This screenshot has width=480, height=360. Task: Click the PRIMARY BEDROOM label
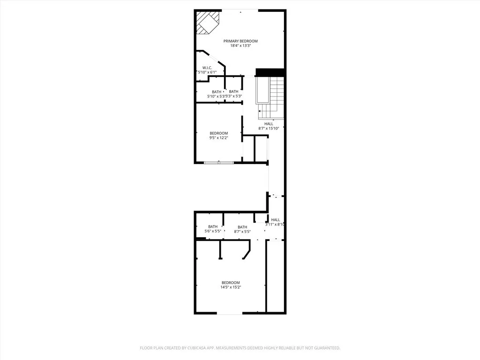[240, 41]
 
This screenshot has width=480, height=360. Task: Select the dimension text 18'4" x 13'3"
[240, 46]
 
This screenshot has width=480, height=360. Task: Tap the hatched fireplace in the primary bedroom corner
[206, 22]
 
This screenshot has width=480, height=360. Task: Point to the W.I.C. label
[207, 68]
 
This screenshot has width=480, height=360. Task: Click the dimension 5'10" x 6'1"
[205, 72]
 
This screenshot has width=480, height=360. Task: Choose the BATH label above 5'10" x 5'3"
[216, 92]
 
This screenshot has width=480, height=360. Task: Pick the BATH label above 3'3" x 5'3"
[233, 92]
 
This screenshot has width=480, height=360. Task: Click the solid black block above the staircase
[270, 72]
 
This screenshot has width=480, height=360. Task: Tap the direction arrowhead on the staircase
[259, 111]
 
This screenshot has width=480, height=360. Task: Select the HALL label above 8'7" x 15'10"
[269, 124]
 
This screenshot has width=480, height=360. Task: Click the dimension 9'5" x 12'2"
[218, 138]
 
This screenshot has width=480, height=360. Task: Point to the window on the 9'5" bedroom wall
[219, 162]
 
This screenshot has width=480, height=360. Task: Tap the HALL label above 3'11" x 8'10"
[276, 220]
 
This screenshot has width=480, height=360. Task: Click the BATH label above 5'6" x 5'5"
[213, 227]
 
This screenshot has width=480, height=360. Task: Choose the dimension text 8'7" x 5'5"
[242, 232]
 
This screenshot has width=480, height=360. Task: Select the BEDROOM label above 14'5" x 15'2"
[231, 283]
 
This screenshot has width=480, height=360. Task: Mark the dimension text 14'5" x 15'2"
[231, 287]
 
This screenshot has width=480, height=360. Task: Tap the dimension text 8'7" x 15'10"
[272, 128]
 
